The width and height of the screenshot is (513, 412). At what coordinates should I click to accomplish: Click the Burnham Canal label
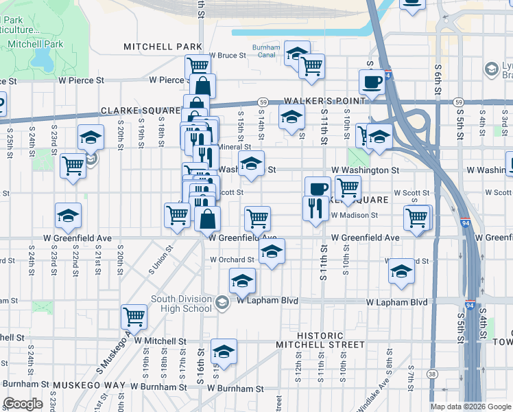[266, 51]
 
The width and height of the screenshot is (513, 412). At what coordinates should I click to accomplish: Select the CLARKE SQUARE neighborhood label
[140, 111]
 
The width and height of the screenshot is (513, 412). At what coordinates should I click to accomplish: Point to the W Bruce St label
[227, 55]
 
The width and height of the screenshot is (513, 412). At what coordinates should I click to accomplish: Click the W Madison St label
[354, 215]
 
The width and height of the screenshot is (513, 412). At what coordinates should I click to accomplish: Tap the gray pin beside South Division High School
[222, 302]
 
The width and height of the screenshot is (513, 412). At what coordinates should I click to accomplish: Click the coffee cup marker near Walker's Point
[372, 81]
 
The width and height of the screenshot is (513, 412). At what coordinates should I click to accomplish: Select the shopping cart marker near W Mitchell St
[134, 317]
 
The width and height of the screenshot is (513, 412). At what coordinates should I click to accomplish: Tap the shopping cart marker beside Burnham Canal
[312, 66]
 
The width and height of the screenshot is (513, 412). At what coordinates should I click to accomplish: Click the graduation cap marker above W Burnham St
[224, 352]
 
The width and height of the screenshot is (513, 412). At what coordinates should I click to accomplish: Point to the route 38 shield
[431, 374]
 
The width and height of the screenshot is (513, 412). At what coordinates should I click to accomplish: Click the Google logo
[23, 404]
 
